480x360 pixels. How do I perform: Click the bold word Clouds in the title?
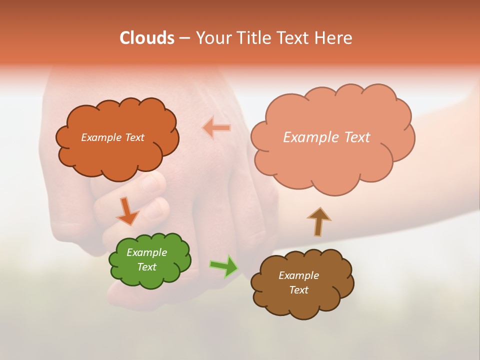(x=147, y=38)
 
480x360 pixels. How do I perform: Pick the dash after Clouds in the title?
(x=184, y=38)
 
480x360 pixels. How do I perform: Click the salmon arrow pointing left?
(x=216, y=127)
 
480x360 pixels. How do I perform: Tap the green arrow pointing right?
(x=223, y=266)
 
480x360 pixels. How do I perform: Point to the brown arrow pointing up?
(x=319, y=221)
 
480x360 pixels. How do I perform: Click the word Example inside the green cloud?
(x=146, y=252)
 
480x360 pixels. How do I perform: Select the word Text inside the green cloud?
(x=146, y=267)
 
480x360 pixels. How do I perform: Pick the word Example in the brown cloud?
(x=298, y=275)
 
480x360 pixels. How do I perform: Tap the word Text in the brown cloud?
(x=298, y=290)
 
